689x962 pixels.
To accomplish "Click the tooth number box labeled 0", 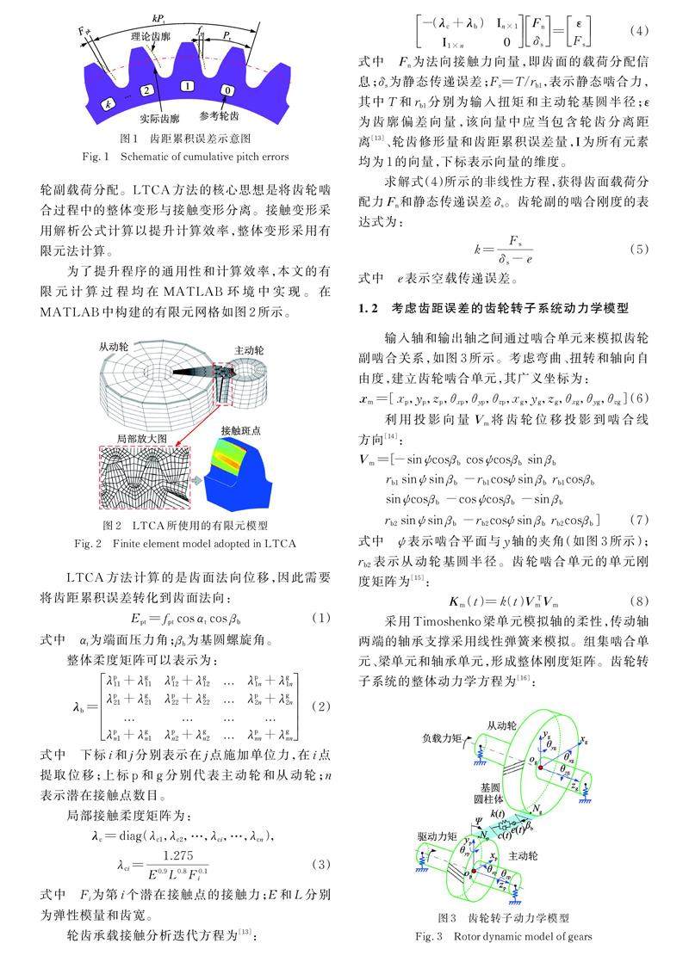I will pos(227,89).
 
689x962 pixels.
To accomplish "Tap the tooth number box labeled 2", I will pos(147,89).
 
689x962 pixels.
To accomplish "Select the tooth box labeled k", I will pos(107,103).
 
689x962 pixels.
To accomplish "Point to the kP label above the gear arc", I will pos(158,16).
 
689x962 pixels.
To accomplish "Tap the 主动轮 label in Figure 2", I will pos(250,351).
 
